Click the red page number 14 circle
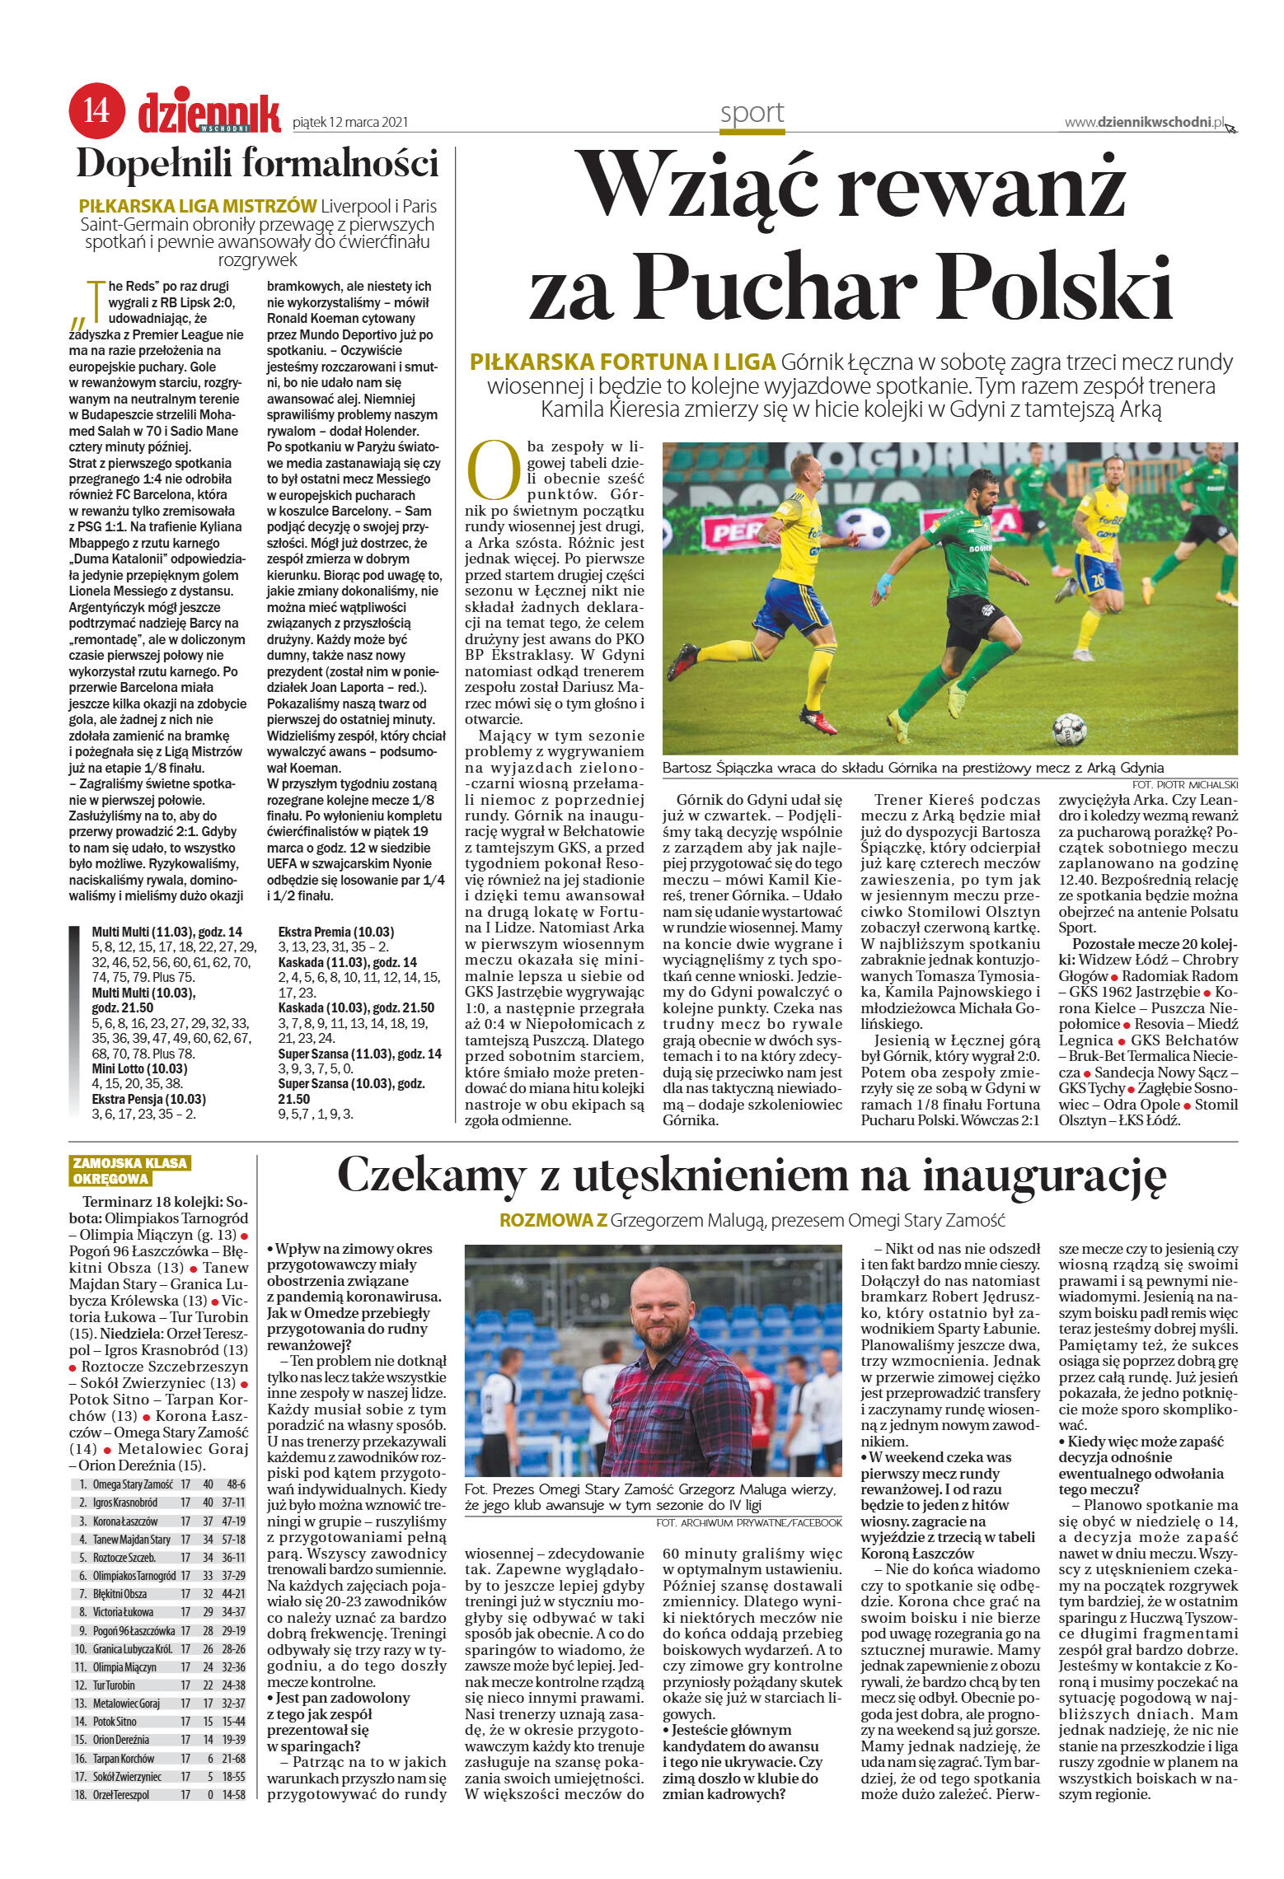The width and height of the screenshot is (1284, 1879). [96, 110]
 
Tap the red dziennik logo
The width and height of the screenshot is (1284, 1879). [209, 112]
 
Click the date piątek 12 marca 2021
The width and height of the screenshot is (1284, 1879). [350, 123]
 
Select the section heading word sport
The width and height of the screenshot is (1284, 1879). [752, 113]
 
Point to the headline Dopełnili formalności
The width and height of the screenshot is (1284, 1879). [257, 163]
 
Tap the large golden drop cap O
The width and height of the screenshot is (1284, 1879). [493, 470]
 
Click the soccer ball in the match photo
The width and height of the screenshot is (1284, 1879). [1070, 729]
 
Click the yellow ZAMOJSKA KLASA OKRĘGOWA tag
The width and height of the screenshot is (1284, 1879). [130, 1171]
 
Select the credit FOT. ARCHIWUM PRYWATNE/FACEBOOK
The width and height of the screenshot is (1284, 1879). [749, 1522]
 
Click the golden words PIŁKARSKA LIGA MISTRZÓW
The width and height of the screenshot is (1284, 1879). [198, 206]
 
